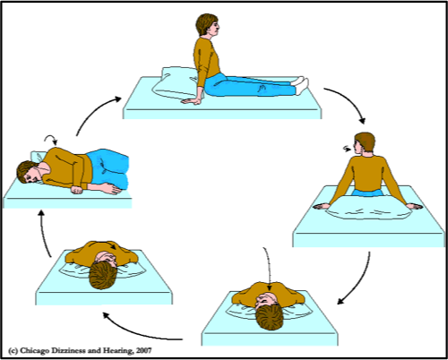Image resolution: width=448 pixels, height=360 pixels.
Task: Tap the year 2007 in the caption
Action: pos(143,350)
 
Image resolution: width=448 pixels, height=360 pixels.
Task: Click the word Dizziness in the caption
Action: pos(68,350)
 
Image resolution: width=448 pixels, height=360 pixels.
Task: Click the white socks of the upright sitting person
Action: pos(301,85)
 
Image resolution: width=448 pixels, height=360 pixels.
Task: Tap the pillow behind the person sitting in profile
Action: pos(173,82)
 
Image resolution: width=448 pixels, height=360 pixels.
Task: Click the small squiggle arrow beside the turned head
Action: pos(347,149)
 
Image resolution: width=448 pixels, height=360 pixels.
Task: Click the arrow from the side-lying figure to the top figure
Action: pos(93,110)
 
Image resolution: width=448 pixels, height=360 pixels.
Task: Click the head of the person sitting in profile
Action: pos(207,25)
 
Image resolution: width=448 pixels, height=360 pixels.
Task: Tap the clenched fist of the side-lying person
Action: pos(77,190)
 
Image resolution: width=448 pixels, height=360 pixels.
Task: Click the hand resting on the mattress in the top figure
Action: pos(192,101)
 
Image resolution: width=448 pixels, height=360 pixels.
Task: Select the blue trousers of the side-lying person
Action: pos(109,168)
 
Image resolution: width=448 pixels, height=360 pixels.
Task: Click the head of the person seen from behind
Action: pos(364,143)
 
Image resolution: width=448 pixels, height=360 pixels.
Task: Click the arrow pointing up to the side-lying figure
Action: pos(44,233)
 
